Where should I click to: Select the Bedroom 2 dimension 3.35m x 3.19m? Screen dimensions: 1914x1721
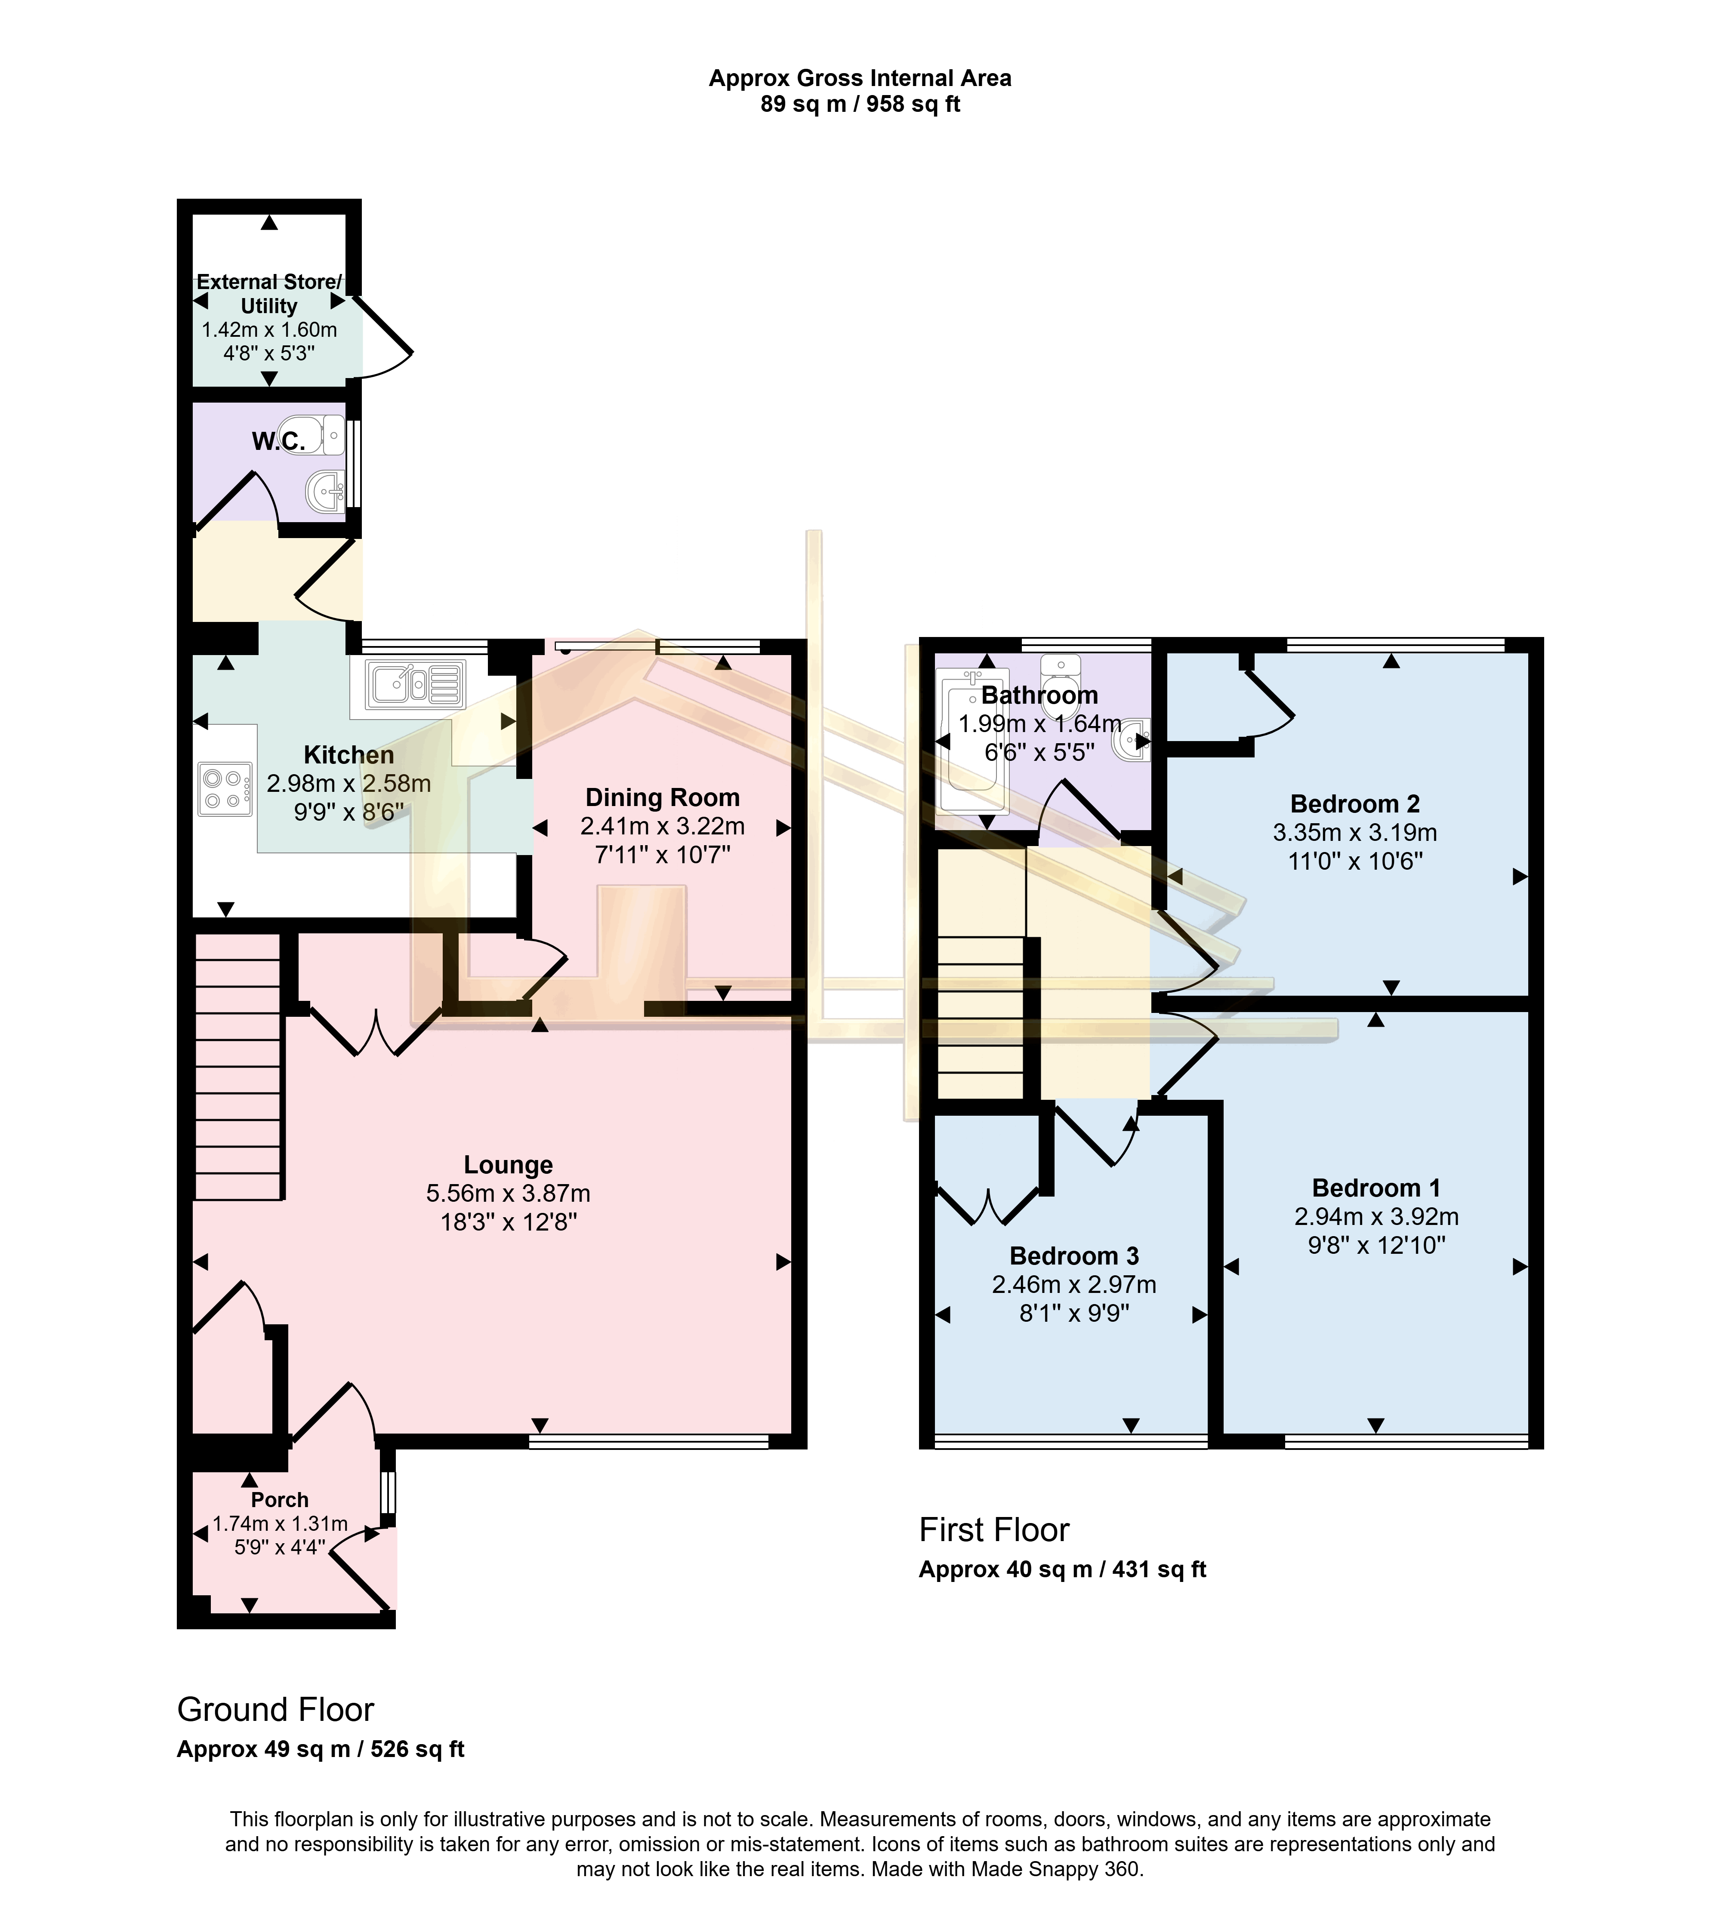coord(1354,833)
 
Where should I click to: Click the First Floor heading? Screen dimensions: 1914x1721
coord(994,1529)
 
